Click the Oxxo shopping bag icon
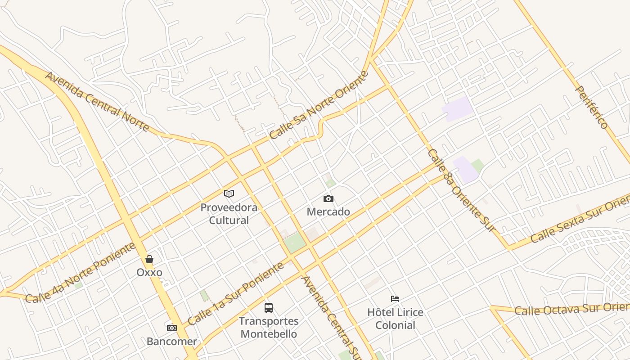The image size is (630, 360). pyautogui.click(x=149, y=259)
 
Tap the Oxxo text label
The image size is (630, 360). pyautogui.click(x=149, y=272)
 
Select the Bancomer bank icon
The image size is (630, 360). pyautogui.click(x=171, y=328)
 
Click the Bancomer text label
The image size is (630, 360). pyautogui.click(x=171, y=342)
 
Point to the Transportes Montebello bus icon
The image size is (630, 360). pyautogui.click(x=269, y=308)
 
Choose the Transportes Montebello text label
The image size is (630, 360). pyautogui.click(x=269, y=328)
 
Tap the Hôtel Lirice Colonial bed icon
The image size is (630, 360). pyautogui.click(x=395, y=299)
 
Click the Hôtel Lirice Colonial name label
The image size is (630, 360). pyautogui.click(x=395, y=319)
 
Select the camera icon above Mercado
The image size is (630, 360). pyautogui.click(x=328, y=198)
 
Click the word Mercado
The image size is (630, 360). pyautogui.click(x=328, y=211)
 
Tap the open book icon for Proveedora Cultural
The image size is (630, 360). pyautogui.click(x=229, y=194)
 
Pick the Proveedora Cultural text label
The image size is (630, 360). pyautogui.click(x=229, y=214)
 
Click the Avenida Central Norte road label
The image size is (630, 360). pyautogui.click(x=97, y=102)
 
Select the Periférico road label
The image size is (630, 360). pyautogui.click(x=592, y=107)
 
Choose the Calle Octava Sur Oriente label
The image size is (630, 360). pyautogui.click(x=571, y=309)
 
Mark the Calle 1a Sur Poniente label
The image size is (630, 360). pyautogui.click(x=236, y=294)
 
